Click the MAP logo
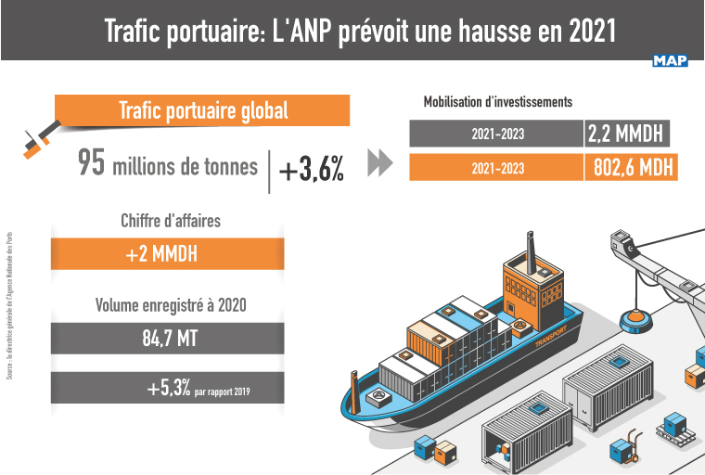pyautogui.click(x=670, y=61)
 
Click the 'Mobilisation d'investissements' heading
pyautogui.click(x=497, y=101)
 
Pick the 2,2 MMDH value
pyautogui.click(x=626, y=135)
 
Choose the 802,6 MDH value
pyautogui.click(x=634, y=168)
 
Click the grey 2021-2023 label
pyautogui.click(x=496, y=135)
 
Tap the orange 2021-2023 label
pyautogui.click(x=496, y=168)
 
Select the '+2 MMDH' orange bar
pyautogui.click(x=167, y=254)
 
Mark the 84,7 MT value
pyautogui.click(x=167, y=338)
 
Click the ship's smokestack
pyautogui.click(x=531, y=246)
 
